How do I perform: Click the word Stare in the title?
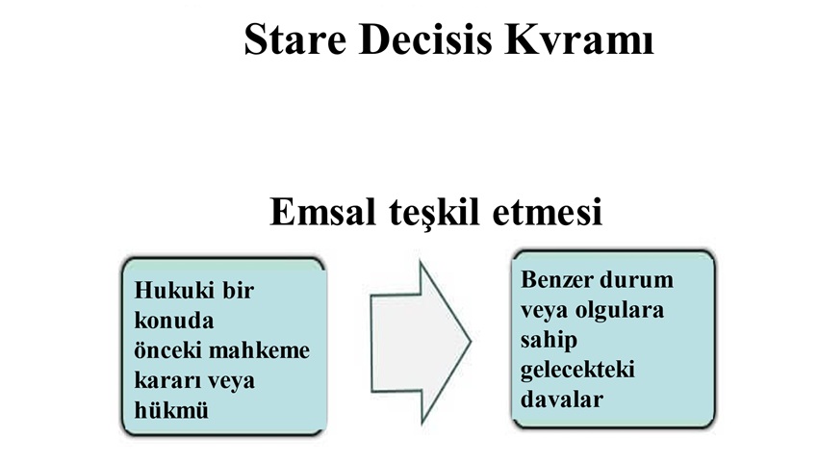pyautogui.click(x=295, y=39)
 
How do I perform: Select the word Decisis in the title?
pyautogui.click(x=425, y=39)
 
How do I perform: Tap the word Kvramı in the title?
pyautogui.click(x=579, y=39)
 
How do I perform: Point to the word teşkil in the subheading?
pyautogui.click(x=434, y=213)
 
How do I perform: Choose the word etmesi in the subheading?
pyautogui.click(x=548, y=213)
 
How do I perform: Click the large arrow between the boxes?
pyautogui.click(x=421, y=343)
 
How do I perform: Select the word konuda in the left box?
pyautogui.click(x=174, y=320)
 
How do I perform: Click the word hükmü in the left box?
pyautogui.click(x=171, y=410)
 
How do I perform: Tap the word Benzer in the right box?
pyautogui.click(x=553, y=280)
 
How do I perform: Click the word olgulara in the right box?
pyautogui.click(x=620, y=310)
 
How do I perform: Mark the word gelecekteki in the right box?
pyautogui.click(x=577, y=370)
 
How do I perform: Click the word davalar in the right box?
pyautogui.click(x=562, y=400)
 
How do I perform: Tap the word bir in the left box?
pyautogui.click(x=239, y=290)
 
